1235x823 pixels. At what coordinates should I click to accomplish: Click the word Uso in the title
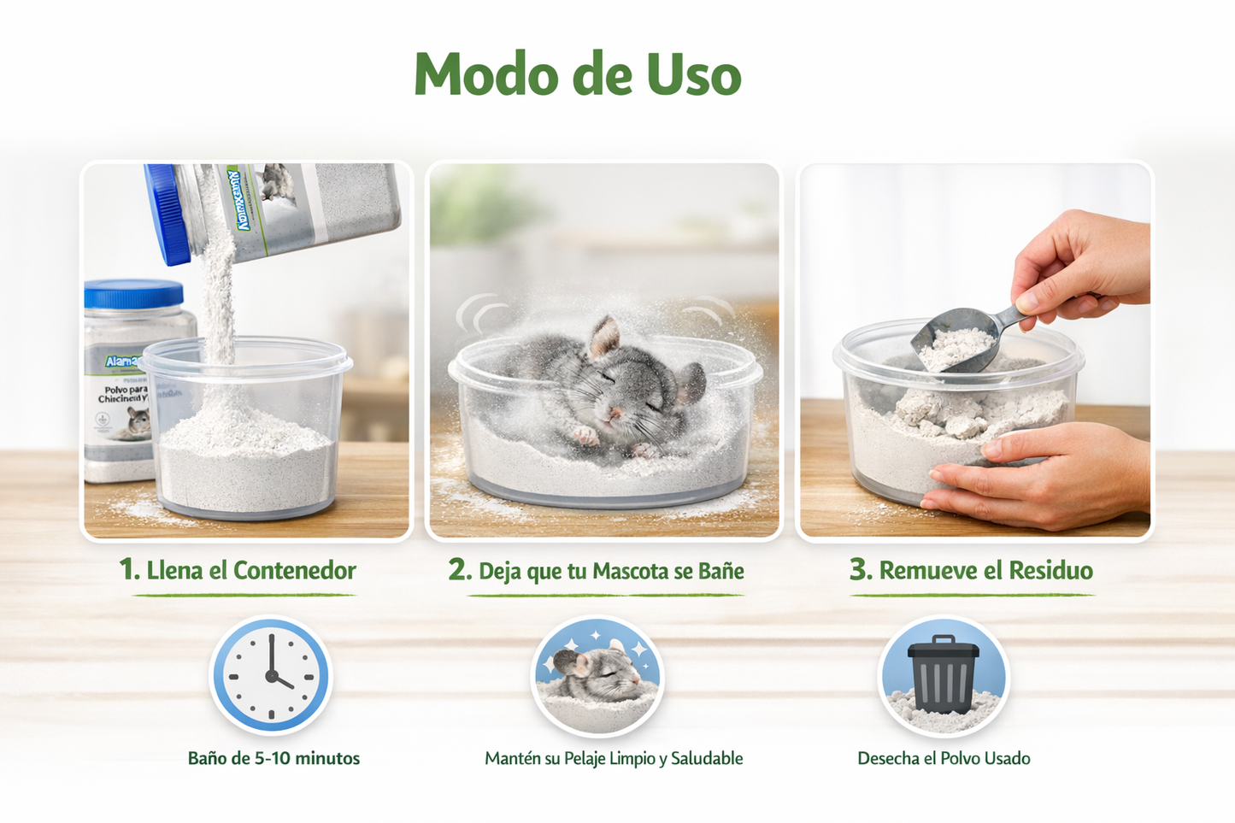pyautogui.click(x=693, y=75)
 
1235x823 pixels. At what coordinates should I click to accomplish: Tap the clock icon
pyautogui.click(x=271, y=675)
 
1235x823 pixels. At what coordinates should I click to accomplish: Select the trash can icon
pyautogui.click(x=943, y=675)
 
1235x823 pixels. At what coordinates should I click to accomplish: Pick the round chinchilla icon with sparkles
pyautogui.click(x=597, y=675)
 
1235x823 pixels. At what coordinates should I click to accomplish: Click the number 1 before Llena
pyautogui.click(x=127, y=570)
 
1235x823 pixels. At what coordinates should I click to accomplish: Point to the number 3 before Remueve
pyautogui.click(x=859, y=570)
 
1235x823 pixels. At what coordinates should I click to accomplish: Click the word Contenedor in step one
pyautogui.click(x=295, y=571)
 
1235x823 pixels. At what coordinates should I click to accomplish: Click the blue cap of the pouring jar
pyautogui.click(x=166, y=214)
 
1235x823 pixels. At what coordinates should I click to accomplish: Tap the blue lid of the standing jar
pyautogui.click(x=134, y=294)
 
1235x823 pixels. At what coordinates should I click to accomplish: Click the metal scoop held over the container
pyautogui.click(x=957, y=338)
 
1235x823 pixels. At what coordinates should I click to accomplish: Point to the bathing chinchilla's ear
pyautogui.click(x=605, y=335)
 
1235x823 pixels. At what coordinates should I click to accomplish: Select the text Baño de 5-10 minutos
pyautogui.click(x=273, y=758)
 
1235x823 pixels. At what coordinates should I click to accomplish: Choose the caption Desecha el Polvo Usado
pyautogui.click(x=944, y=758)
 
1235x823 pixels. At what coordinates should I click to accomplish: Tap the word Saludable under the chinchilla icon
pyautogui.click(x=707, y=758)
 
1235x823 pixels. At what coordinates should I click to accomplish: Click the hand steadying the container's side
pyautogui.click(x=1051, y=479)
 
